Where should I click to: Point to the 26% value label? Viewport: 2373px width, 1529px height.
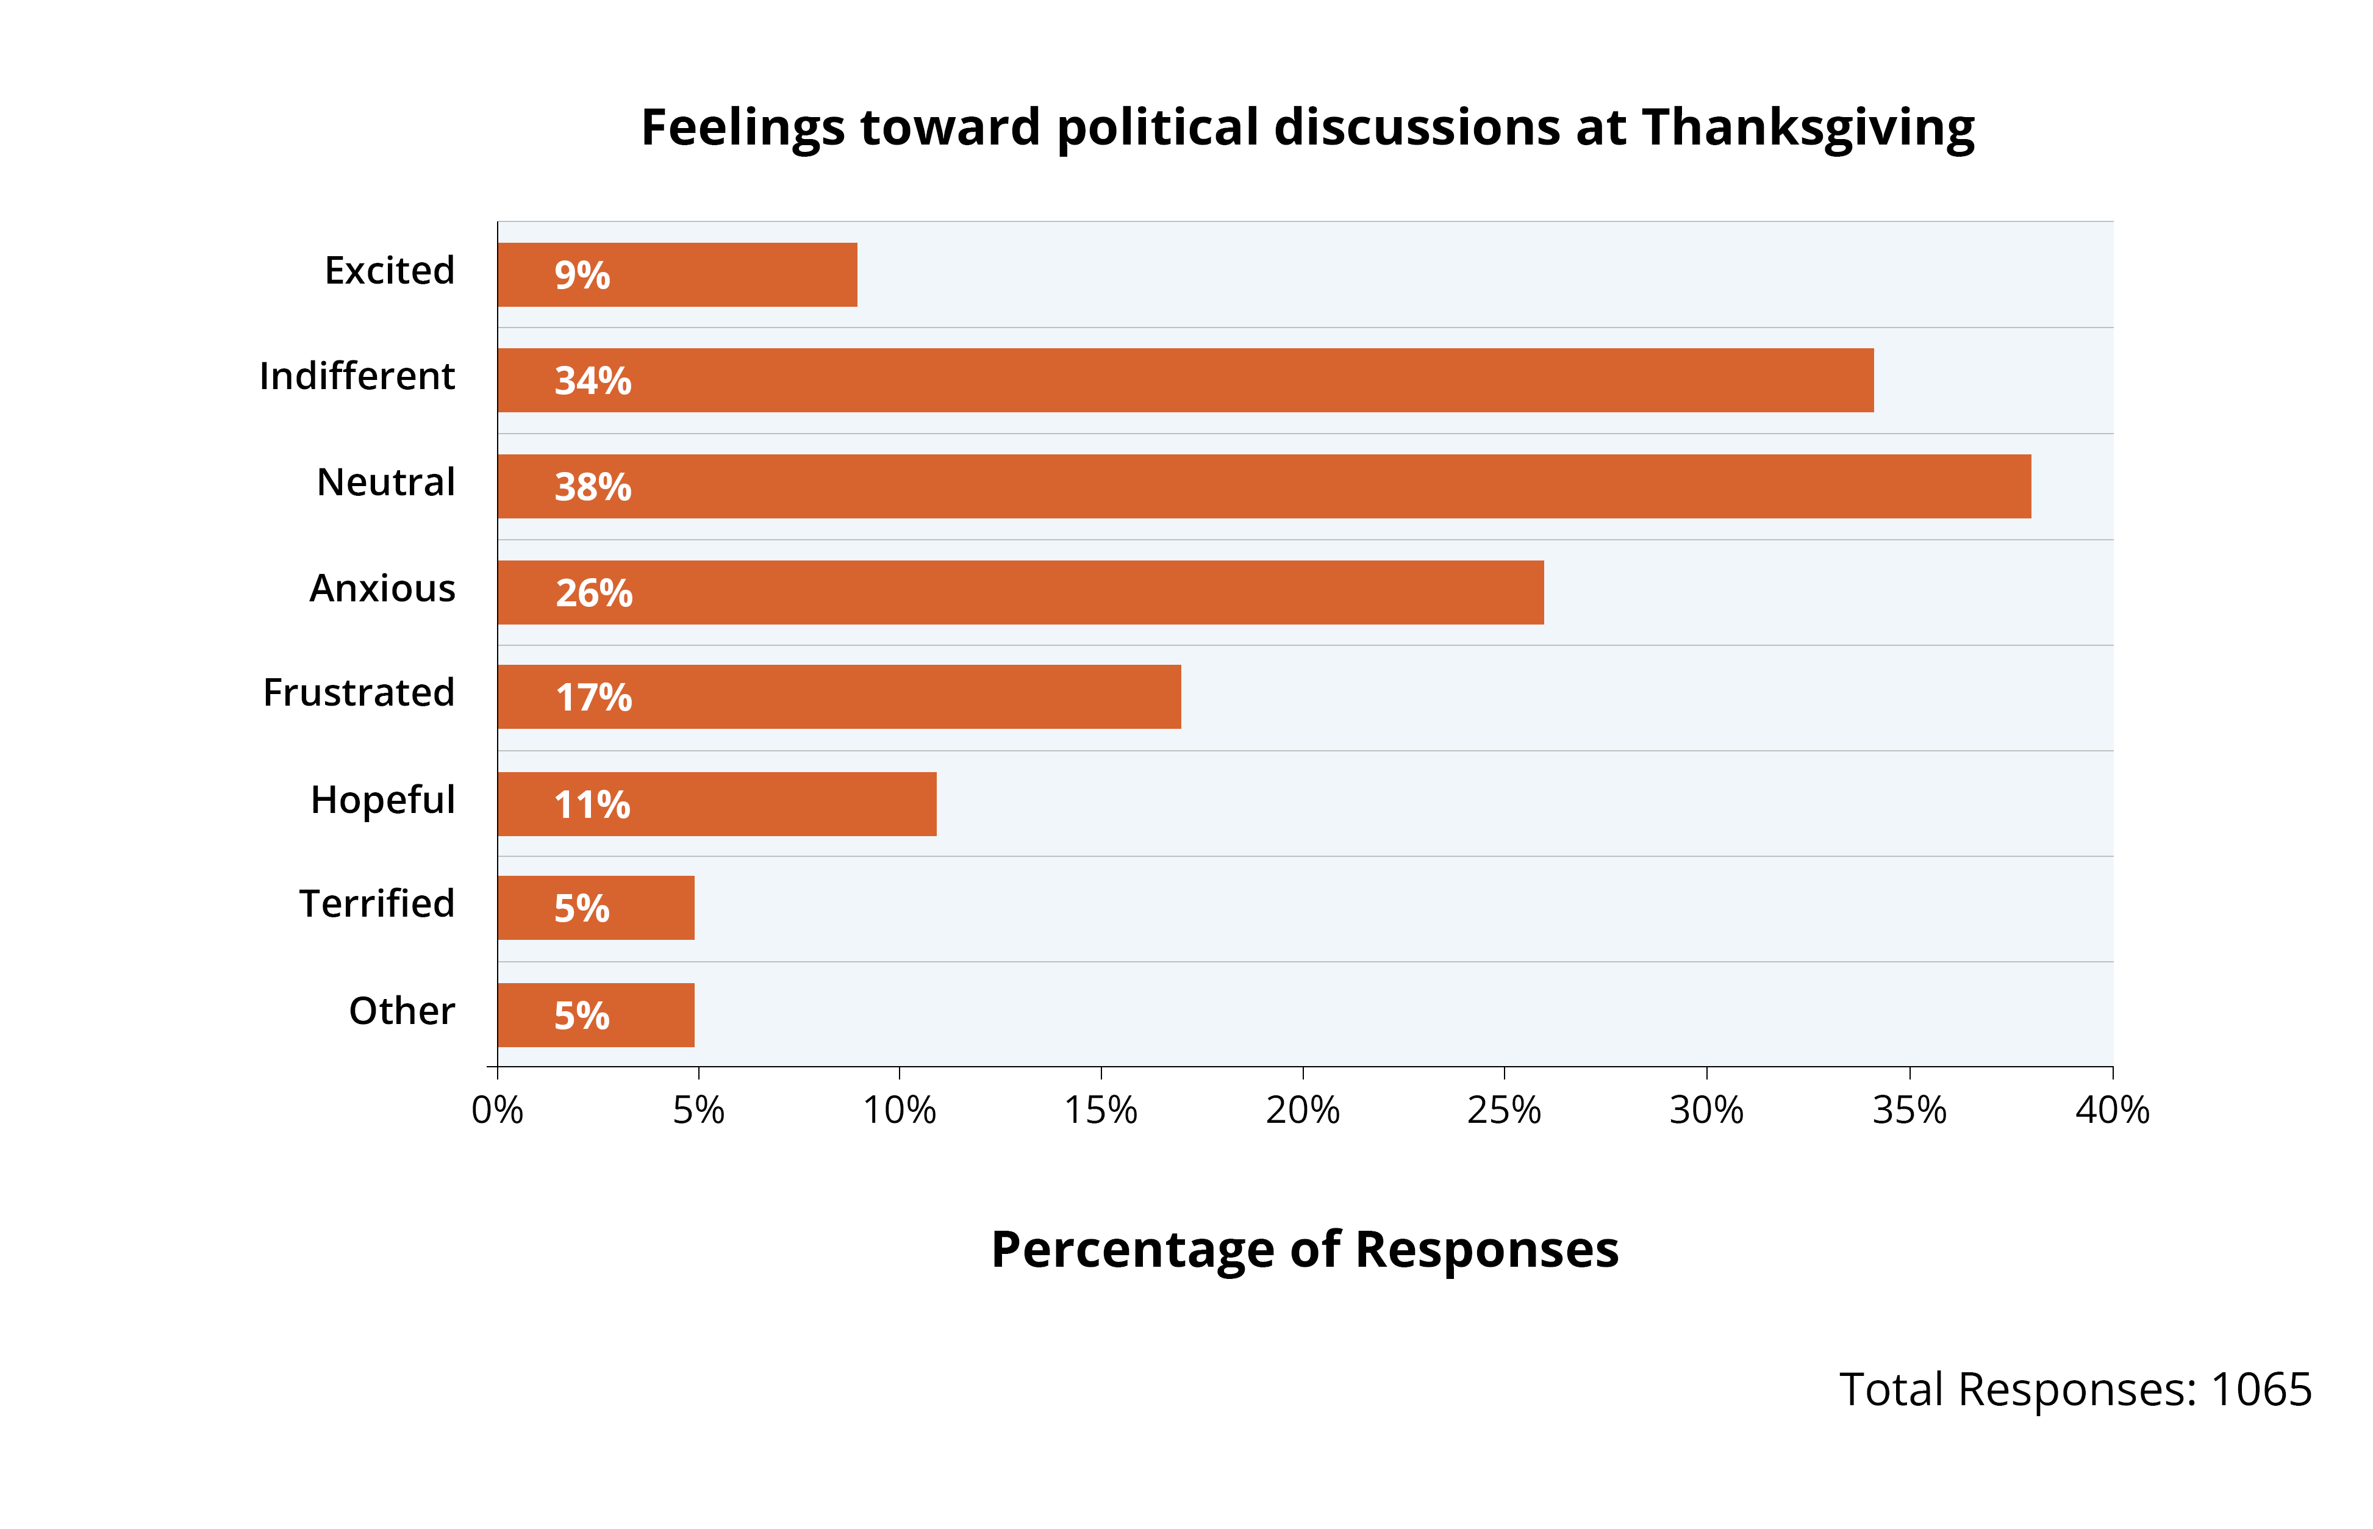tap(594, 593)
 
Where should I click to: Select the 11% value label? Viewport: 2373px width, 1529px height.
tap(592, 804)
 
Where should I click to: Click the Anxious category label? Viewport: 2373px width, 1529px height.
tap(382, 588)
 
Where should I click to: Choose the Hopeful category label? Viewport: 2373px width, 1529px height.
tap(382, 799)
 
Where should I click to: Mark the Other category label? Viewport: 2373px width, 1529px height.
tap(401, 1011)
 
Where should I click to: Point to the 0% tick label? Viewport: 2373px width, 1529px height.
tap(498, 1110)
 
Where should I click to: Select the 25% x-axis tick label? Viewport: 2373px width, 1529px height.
tap(1503, 1110)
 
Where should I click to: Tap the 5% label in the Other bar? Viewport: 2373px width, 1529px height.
tap(582, 1015)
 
